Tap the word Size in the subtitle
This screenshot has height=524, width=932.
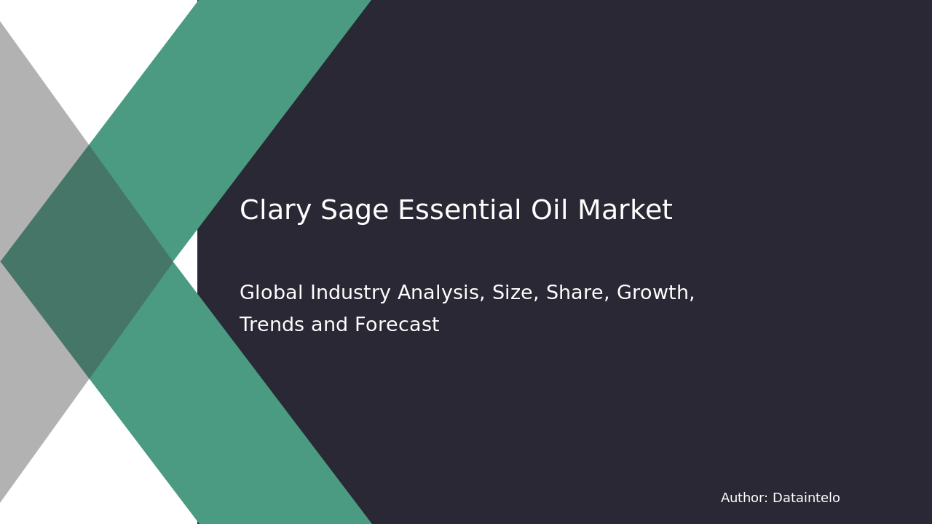(x=510, y=293)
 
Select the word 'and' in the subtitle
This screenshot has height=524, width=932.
(x=327, y=325)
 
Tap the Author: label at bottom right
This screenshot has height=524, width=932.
(x=744, y=499)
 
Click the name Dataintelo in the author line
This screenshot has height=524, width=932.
(x=806, y=499)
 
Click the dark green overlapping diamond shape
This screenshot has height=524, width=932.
(x=87, y=262)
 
